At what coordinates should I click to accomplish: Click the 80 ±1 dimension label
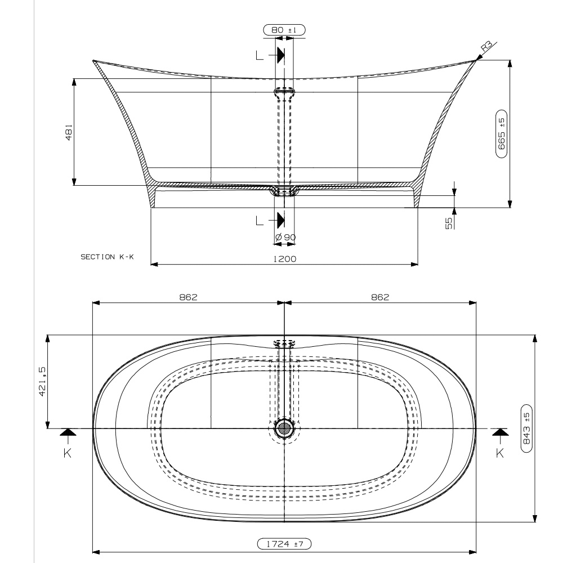pos(284,30)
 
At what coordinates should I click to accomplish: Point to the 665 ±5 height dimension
pos(501,132)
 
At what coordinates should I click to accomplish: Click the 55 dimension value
pos(449,223)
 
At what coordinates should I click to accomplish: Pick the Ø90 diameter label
pos(285,238)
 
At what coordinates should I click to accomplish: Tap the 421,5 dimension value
pos(43,381)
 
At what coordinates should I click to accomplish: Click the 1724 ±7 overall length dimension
pos(284,544)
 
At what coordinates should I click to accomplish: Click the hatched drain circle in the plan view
pos(285,429)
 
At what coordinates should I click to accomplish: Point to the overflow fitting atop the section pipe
pos(285,91)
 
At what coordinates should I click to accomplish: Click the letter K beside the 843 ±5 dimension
pos(499,452)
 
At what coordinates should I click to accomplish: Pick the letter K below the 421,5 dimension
pos(68,452)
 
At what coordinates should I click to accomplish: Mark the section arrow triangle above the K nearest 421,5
pos(68,432)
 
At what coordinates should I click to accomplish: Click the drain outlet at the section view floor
pos(285,190)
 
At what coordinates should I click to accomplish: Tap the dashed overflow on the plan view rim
pos(285,343)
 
